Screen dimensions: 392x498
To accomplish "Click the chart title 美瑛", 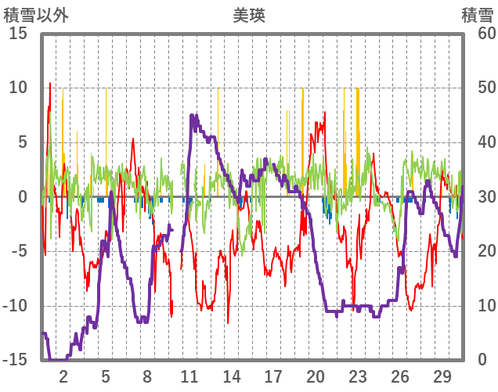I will pyautogui.click(x=249, y=15).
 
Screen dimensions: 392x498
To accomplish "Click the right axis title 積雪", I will pyautogui.click(x=477, y=15).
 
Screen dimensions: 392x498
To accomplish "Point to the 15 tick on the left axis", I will pyautogui.click(x=18, y=34).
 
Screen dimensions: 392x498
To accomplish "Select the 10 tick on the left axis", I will pyautogui.click(x=18, y=88).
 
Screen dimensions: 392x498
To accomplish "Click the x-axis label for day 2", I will pyautogui.click(x=63, y=376).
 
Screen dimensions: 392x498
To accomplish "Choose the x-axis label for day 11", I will pyautogui.click(x=189, y=376).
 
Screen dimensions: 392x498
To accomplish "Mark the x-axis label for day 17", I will pyautogui.click(x=273, y=376).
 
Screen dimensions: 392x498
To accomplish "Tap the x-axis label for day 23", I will pyautogui.click(x=358, y=376).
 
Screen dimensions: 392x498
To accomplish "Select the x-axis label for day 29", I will pyautogui.click(x=442, y=376).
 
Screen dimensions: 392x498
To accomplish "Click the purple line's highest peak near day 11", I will pyautogui.click(x=193, y=116).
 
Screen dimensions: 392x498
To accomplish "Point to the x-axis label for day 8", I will pyautogui.click(x=147, y=376).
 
